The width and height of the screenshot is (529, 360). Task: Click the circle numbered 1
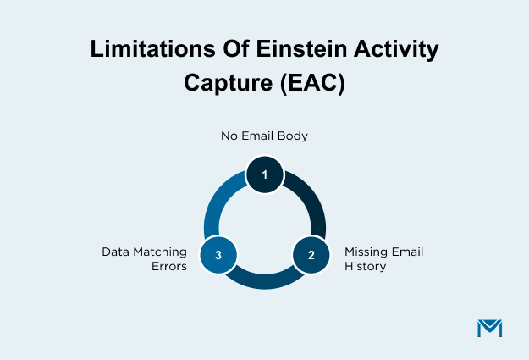pyautogui.click(x=264, y=175)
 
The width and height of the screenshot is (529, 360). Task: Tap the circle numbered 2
pyautogui.click(x=311, y=254)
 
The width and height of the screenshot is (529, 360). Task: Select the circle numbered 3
pyautogui.click(x=218, y=254)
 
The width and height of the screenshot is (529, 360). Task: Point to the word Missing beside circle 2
pyautogui.click(x=366, y=252)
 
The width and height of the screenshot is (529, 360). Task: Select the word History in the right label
pyautogui.click(x=364, y=266)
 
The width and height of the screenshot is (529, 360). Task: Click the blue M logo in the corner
pyautogui.click(x=490, y=327)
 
